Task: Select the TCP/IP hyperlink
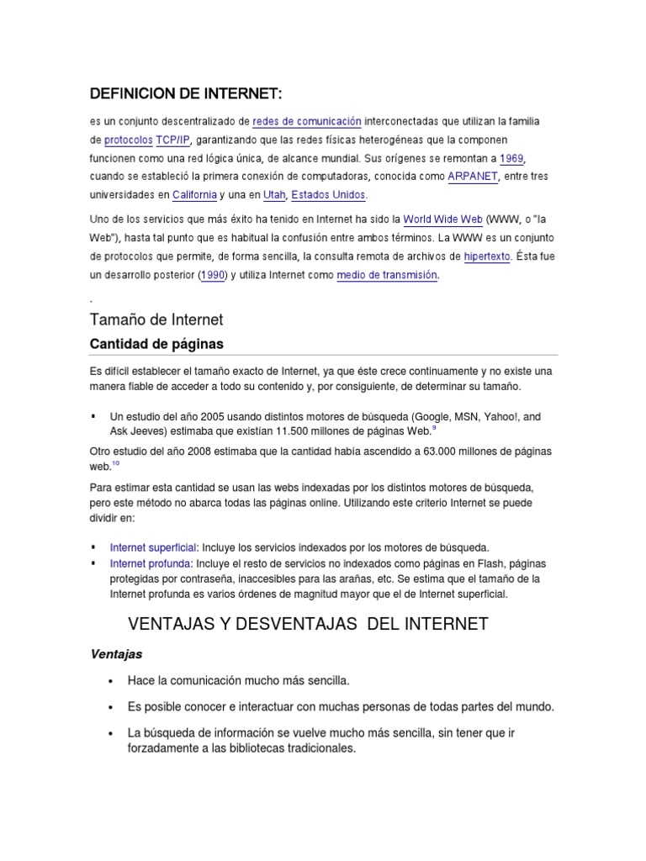(x=173, y=140)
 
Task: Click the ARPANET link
(x=474, y=177)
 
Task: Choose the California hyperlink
(x=199, y=195)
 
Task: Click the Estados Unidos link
(x=329, y=195)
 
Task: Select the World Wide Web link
(x=443, y=219)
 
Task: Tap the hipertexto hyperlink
(x=486, y=256)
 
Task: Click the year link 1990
(x=212, y=275)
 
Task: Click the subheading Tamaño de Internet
(x=156, y=320)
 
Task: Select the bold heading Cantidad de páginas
(x=156, y=345)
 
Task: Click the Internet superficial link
(x=152, y=546)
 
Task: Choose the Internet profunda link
(x=151, y=563)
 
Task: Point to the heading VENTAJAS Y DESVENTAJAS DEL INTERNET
(x=308, y=624)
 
